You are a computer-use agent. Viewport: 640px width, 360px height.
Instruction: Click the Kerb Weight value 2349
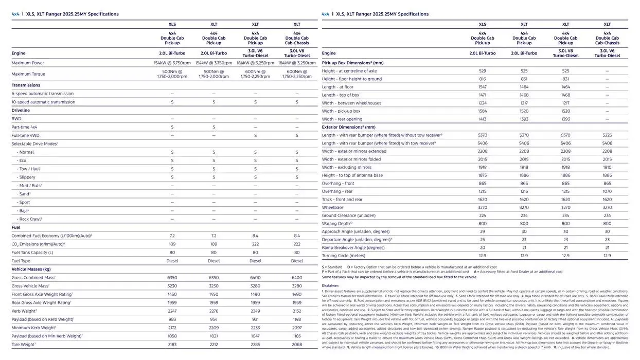pyautogui.click(x=255, y=311)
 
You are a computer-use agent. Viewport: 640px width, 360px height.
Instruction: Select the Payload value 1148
pyautogui.click(x=297, y=319)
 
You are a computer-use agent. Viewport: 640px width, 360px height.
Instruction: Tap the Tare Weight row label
pyautogui.click(x=24, y=344)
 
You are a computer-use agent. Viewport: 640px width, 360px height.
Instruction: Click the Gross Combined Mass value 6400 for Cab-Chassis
pyautogui.click(x=297, y=277)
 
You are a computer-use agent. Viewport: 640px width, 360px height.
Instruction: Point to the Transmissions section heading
pyautogui.click(x=26, y=85)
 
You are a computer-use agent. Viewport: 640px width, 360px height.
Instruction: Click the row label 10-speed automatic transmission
pyautogui.click(x=43, y=102)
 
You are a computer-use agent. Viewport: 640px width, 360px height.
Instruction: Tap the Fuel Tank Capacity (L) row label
pyautogui.click(x=32, y=253)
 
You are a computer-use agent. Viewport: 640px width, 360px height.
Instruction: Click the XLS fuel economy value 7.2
pyautogui.click(x=172, y=236)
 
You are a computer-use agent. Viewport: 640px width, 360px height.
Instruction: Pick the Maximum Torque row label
pyautogui.click(x=28, y=74)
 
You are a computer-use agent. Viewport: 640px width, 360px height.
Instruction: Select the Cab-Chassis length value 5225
pyautogui.click(x=607, y=135)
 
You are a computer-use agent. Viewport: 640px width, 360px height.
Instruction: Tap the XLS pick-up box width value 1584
pyautogui.click(x=482, y=111)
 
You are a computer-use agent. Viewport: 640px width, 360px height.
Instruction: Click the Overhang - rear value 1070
pyautogui.click(x=607, y=191)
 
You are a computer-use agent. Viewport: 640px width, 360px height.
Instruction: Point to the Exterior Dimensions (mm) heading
pyautogui.click(x=348, y=127)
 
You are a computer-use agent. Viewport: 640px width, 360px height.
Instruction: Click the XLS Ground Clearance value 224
pyautogui.click(x=482, y=215)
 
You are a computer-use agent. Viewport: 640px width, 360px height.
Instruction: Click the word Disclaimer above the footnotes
pyautogui.click(x=330, y=285)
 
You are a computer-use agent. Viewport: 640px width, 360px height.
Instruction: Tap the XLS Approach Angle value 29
pyautogui.click(x=482, y=231)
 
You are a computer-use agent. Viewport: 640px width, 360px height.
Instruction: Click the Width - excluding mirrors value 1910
pyautogui.click(x=607, y=167)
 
